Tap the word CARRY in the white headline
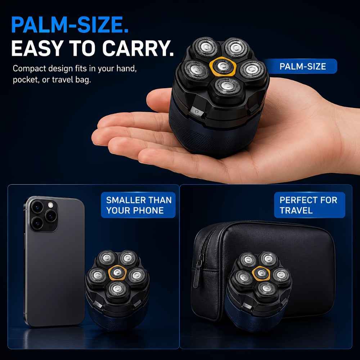tap(138, 48)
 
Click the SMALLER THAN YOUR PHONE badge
tap(138, 205)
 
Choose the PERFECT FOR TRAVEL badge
tap(310, 205)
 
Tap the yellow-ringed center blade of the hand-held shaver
tap(223, 66)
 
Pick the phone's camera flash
tap(50, 205)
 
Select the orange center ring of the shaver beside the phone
tap(118, 273)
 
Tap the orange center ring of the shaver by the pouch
tap(261, 273)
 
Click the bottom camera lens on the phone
tap(37, 223)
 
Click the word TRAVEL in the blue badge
tap(296, 210)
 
